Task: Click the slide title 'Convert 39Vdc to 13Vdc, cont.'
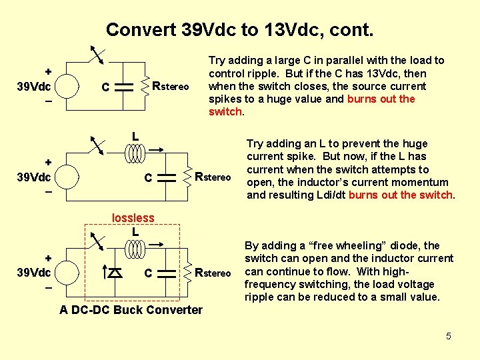coord(239,30)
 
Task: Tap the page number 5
coord(449,336)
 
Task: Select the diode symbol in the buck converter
coord(115,272)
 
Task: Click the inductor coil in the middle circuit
coord(136,154)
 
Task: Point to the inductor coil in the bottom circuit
coord(136,249)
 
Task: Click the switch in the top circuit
coord(98,55)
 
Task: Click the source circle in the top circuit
coord(67,87)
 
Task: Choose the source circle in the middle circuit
coord(67,177)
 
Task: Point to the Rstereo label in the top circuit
coord(171,86)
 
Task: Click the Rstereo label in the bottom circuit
coord(213,272)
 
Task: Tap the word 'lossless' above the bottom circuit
coord(133,218)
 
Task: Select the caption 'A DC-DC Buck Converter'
coord(131,309)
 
